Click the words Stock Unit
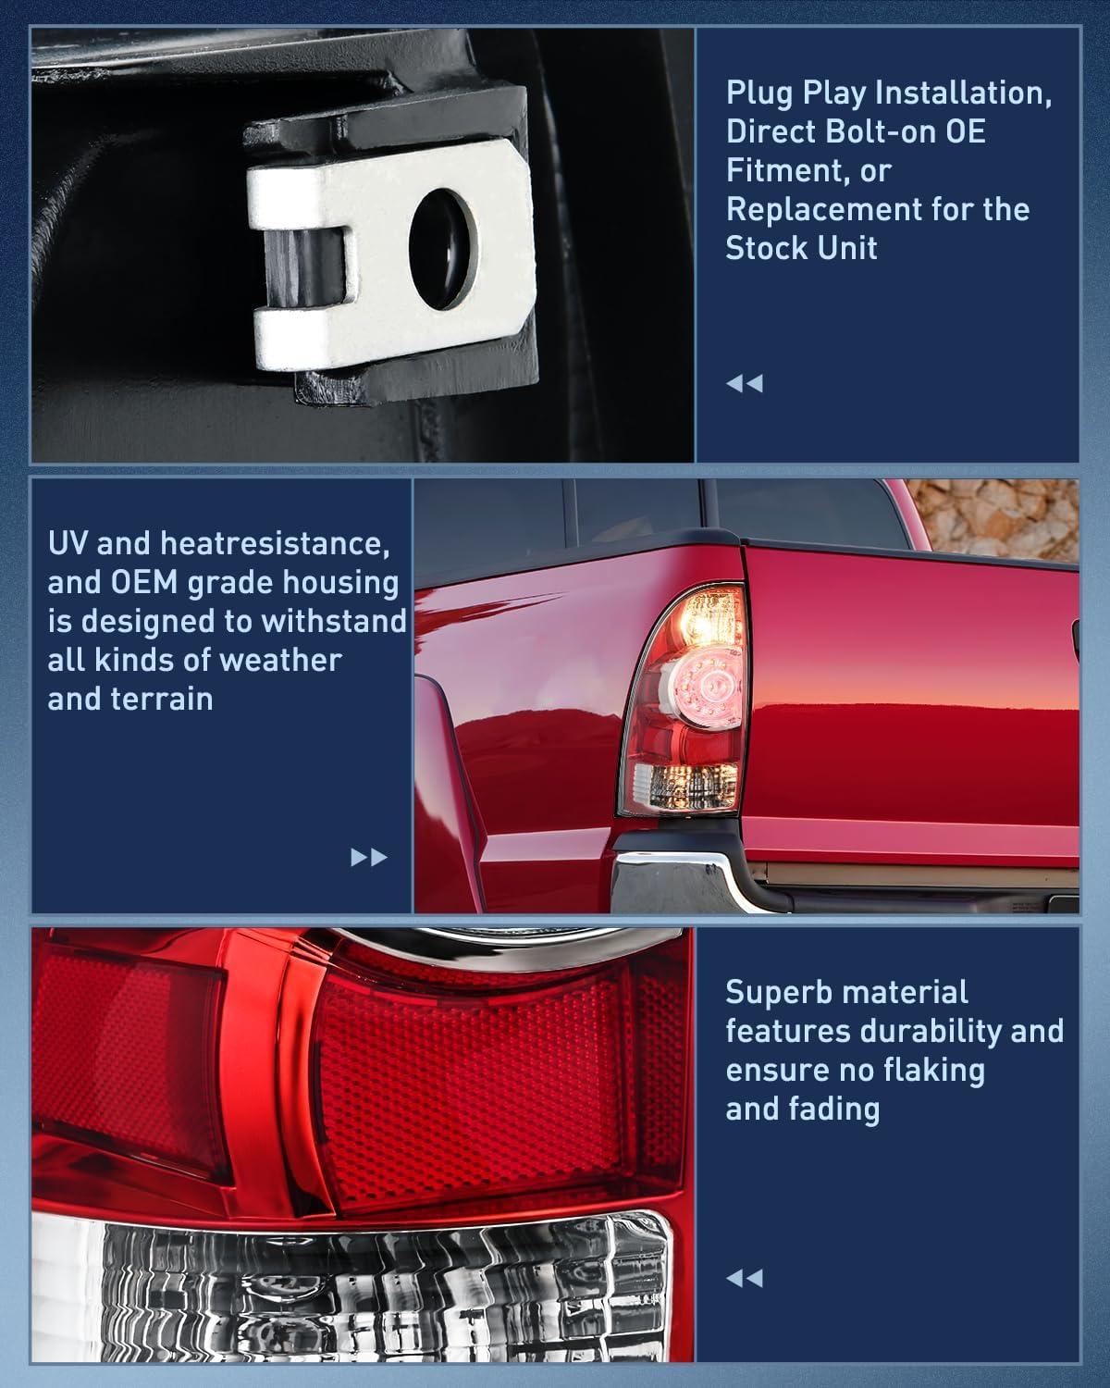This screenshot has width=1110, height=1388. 801,248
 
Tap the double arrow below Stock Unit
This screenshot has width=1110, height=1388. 745,383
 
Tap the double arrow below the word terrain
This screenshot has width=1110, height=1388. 369,858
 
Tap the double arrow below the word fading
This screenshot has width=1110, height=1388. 745,1279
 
